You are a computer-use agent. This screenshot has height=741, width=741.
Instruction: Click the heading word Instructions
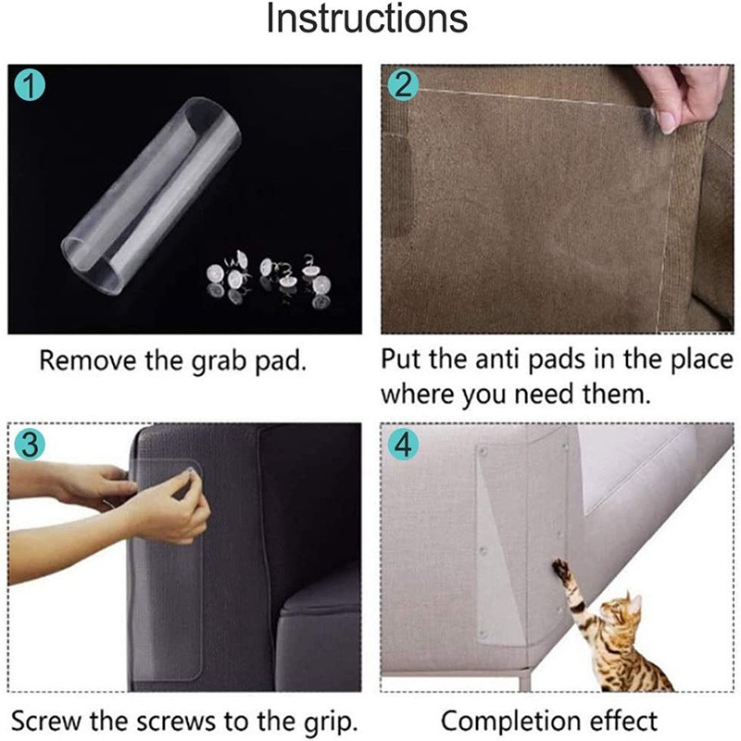pyautogui.click(x=367, y=19)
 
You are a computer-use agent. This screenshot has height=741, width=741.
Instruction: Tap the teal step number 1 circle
pyautogui.click(x=30, y=85)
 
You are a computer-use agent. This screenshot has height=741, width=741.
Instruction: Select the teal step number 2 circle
pyautogui.click(x=403, y=85)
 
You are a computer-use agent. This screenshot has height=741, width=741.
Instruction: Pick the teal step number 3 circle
pyautogui.click(x=30, y=445)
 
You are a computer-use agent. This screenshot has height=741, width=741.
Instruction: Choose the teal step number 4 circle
pyautogui.click(x=403, y=445)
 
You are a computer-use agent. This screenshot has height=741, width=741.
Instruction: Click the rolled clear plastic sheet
pyautogui.click(x=151, y=196)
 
